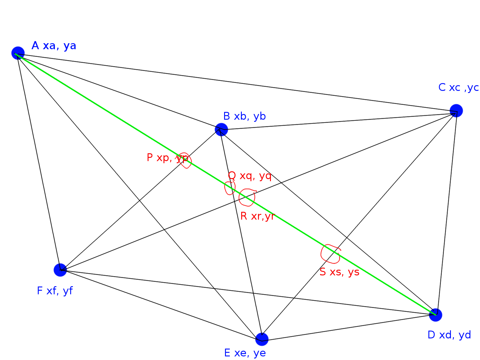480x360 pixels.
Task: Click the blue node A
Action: (18, 53)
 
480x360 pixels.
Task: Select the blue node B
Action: (221, 129)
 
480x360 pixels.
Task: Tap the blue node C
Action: (456, 111)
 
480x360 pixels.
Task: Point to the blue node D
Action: (436, 315)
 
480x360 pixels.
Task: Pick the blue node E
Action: (262, 339)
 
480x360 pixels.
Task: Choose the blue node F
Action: (60, 270)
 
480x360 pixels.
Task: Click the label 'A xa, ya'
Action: (54, 46)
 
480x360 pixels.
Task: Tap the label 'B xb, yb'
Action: (244, 116)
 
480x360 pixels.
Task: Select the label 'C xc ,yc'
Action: (458, 88)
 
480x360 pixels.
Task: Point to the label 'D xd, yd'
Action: (449, 335)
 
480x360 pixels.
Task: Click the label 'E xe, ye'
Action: (245, 353)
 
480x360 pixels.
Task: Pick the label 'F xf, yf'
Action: (55, 291)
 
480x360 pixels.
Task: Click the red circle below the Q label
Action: (230, 188)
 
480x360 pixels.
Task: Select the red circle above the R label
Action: (247, 197)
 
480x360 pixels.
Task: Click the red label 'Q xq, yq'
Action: (250, 175)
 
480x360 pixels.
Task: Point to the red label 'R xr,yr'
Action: (257, 216)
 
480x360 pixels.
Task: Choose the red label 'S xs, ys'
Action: (339, 272)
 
